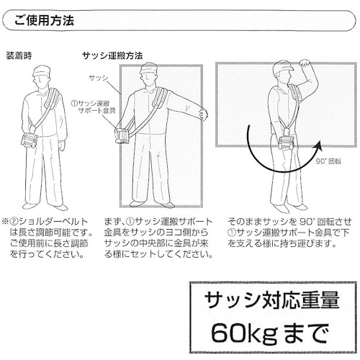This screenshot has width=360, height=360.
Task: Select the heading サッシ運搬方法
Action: tap(114, 54)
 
